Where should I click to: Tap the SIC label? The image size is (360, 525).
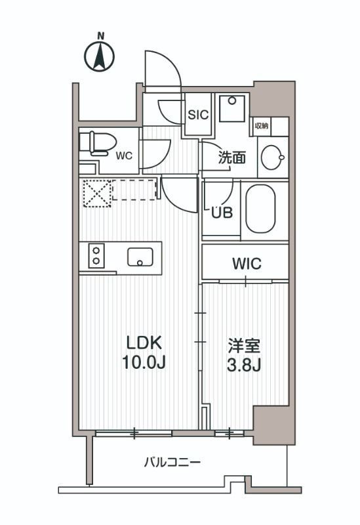coord(198,114)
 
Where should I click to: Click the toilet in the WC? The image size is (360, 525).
coord(96,143)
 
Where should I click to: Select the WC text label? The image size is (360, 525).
coord(124,156)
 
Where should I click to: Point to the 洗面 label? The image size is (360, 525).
coord(231,157)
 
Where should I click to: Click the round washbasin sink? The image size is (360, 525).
coord(272,157)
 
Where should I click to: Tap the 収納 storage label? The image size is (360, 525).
coord(261,126)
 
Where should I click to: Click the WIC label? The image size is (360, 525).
coord(246,264)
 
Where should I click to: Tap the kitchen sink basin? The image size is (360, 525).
coord(140,256)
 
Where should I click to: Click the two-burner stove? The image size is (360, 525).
coord(96,255)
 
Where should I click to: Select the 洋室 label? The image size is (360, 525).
coord(245,345)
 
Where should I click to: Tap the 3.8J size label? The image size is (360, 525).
coord(245,365)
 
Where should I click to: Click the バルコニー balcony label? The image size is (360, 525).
coord(172,462)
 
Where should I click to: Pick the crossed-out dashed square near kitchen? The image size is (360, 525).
coord(95,192)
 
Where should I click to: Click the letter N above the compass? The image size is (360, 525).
coord(101,35)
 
